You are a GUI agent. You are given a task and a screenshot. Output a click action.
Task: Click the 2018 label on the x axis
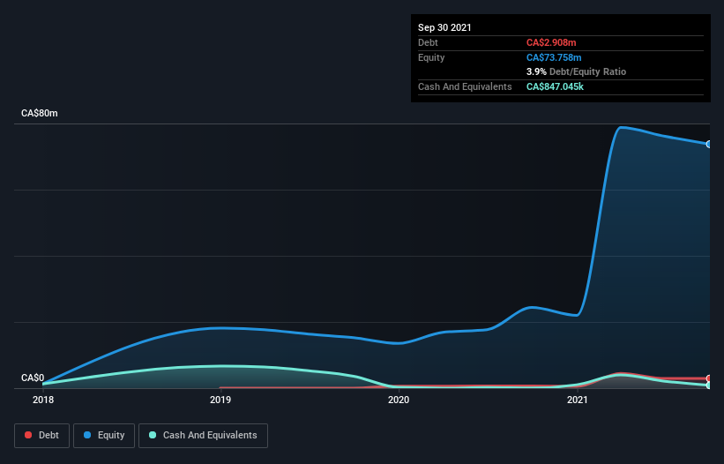pos(42,400)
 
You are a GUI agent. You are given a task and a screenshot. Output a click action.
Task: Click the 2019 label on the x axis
pos(220,400)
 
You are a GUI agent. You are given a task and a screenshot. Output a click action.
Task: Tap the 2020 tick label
pos(399,400)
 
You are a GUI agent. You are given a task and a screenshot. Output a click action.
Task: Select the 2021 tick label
pos(577,400)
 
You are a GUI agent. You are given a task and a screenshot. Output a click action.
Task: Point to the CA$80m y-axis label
pos(40,114)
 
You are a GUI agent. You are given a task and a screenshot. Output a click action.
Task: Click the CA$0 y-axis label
pos(33,378)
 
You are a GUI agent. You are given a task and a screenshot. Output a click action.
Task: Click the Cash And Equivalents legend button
pos(203,435)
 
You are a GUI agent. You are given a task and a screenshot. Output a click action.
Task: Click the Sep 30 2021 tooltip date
pos(445,27)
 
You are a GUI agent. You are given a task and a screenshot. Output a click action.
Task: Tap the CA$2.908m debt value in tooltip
pos(551,42)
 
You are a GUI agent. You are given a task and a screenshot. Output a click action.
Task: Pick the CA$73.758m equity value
pos(555,57)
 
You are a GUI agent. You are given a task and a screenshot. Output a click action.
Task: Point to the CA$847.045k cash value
pos(562,86)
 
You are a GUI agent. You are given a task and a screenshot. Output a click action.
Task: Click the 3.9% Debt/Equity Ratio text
pos(577,71)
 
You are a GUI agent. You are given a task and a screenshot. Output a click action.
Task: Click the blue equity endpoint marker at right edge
pos(709,144)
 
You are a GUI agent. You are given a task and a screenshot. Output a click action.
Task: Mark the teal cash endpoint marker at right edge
pos(709,385)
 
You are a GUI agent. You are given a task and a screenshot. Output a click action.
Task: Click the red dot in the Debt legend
pos(29,435)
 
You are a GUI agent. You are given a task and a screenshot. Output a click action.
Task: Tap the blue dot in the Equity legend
pos(88,435)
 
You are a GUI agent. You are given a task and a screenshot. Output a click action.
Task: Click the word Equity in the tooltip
pos(431,57)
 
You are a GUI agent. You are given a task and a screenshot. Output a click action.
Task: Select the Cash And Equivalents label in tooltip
pos(465,86)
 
